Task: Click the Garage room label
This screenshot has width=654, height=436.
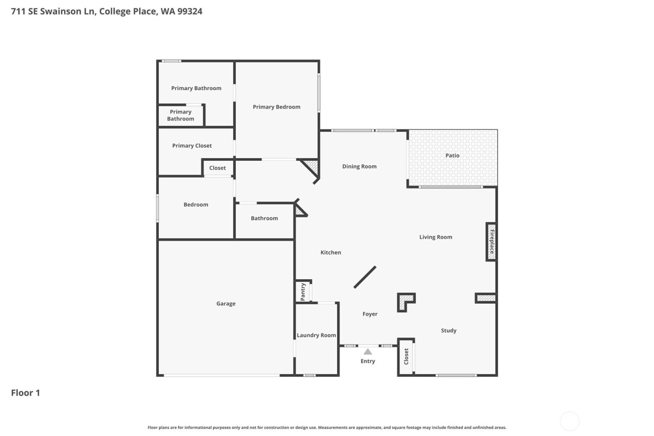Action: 226,304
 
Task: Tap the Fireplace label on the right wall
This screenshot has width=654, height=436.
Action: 491,241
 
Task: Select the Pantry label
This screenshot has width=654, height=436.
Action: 303,291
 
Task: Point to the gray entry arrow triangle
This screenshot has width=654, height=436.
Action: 368,351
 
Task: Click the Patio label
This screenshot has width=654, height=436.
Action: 452,156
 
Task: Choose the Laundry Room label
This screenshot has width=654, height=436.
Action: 316,335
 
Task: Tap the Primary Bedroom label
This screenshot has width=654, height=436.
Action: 277,107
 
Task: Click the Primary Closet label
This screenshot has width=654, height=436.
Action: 192,146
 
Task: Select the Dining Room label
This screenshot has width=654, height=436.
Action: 359,166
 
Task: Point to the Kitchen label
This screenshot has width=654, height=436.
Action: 331,252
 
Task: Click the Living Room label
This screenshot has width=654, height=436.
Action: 435,237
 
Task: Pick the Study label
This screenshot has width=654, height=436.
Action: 448,330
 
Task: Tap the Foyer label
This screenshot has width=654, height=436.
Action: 370,314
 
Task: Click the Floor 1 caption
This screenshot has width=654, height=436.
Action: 26,393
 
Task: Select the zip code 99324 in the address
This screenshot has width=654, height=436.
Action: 190,11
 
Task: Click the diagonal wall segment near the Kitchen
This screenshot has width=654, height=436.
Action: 365,277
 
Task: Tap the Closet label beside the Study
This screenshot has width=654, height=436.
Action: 406,357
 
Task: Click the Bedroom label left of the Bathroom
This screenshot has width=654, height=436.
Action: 196,205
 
